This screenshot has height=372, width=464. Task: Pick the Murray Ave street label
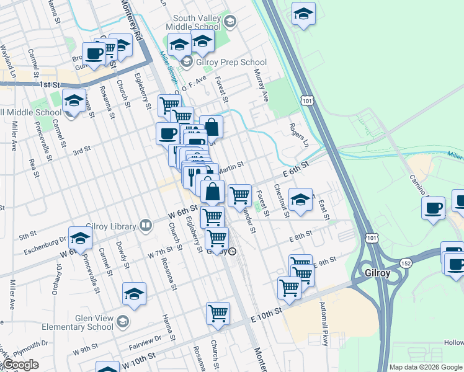pyautogui.click(x=261, y=86)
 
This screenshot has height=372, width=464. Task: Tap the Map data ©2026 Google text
pyautogui.click(x=425, y=367)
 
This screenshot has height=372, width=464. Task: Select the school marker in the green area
pyautogui.click(x=303, y=14)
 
